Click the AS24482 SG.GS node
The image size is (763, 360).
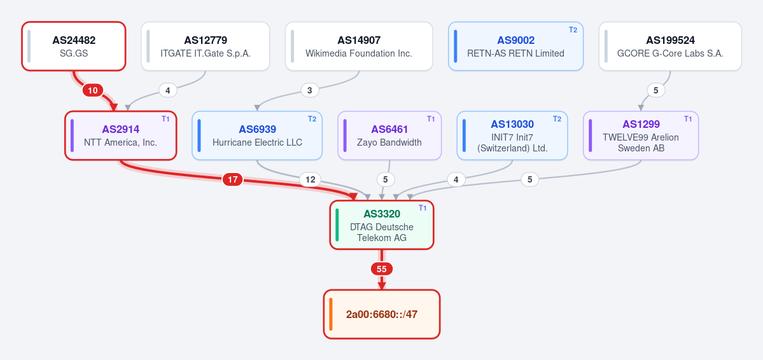coord(73,46)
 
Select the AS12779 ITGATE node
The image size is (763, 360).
coord(206,46)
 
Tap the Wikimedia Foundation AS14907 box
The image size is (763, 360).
coord(359,46)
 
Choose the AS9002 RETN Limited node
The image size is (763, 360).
coord(515,46)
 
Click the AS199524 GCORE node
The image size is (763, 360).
coord(670,46)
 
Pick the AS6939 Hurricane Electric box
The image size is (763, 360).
coord(257,135)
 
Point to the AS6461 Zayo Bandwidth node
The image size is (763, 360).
coord(389,135)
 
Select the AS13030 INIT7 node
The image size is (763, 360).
coord(512,135)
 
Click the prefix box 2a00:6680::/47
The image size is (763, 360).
coord(382,314)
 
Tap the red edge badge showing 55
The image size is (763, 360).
coord(382,269)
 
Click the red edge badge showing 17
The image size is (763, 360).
coord(233,179)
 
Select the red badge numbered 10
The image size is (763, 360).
coord(92,90)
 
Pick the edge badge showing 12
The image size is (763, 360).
coord(310,179)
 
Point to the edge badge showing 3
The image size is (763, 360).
coord(309,90)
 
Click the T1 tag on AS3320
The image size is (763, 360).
coord(423,208)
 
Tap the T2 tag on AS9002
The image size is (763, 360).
coord(573,30)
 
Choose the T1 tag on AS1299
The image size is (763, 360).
coord(687,119)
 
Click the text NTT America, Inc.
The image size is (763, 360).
coord(120,142)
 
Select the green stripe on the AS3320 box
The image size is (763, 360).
coord(337,225)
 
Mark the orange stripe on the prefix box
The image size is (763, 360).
coord(331,314)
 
